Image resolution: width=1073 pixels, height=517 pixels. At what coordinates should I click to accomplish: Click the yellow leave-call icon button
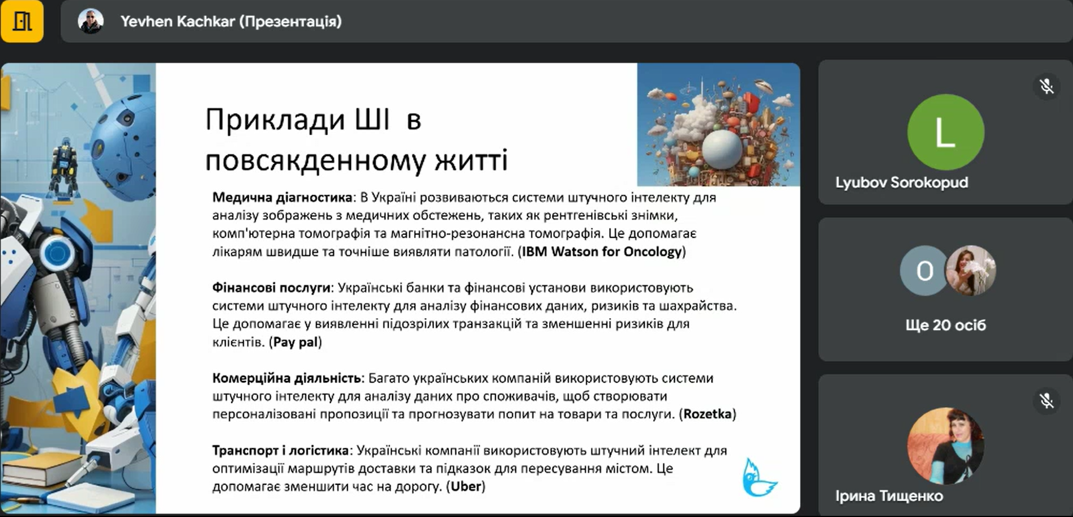pos(22,21)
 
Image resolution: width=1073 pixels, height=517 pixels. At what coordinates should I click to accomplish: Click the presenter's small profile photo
pos(91,21)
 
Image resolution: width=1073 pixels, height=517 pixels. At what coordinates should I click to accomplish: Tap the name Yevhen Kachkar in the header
pos(177,21)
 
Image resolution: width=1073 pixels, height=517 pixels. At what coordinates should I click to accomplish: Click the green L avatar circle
pos(945,132)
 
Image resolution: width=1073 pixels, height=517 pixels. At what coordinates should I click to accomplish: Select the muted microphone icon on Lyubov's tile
pos(1046,87)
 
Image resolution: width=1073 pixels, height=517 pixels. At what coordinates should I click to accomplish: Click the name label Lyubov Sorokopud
pos(901,182)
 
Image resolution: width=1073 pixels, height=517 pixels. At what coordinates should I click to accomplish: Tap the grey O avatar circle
pos(924,271)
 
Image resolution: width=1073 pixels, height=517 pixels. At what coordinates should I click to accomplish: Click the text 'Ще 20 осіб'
pos(945,325)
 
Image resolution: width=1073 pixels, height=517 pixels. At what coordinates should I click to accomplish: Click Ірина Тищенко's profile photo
pos(945,445)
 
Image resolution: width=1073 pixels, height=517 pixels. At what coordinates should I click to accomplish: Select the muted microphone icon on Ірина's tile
pos(1046,401)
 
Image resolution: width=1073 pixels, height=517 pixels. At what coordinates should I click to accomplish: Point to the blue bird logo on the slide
pos(758,478)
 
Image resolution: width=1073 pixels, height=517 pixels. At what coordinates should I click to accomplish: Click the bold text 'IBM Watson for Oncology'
pos(601,252)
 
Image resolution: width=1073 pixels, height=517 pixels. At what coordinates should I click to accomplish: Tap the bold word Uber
pos(466,486)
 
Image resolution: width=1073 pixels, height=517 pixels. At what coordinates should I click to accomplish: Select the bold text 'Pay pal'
pos(295,342)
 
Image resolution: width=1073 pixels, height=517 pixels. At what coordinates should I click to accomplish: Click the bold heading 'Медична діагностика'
pos(282,198)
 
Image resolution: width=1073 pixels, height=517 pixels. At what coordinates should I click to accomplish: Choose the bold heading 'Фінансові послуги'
pos(271,288)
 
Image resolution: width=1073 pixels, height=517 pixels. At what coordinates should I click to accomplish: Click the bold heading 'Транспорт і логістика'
pos(281,451)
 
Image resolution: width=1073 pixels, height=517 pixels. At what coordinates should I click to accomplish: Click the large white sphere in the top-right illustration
pos(722,149)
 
